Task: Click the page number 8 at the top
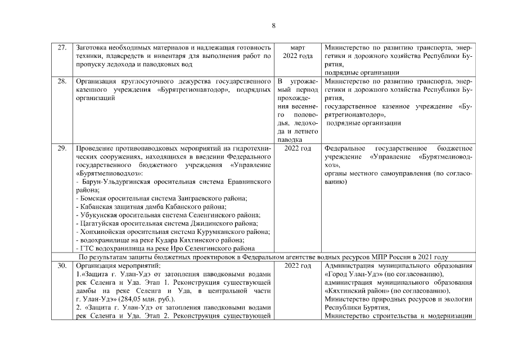pyautogui.click(x=273, y=25)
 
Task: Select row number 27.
pyautogui.click(x=62, y=47)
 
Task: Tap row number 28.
pyautogui.click(x=62, y=82)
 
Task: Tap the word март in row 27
pyautogui.click(x=298, y=47)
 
